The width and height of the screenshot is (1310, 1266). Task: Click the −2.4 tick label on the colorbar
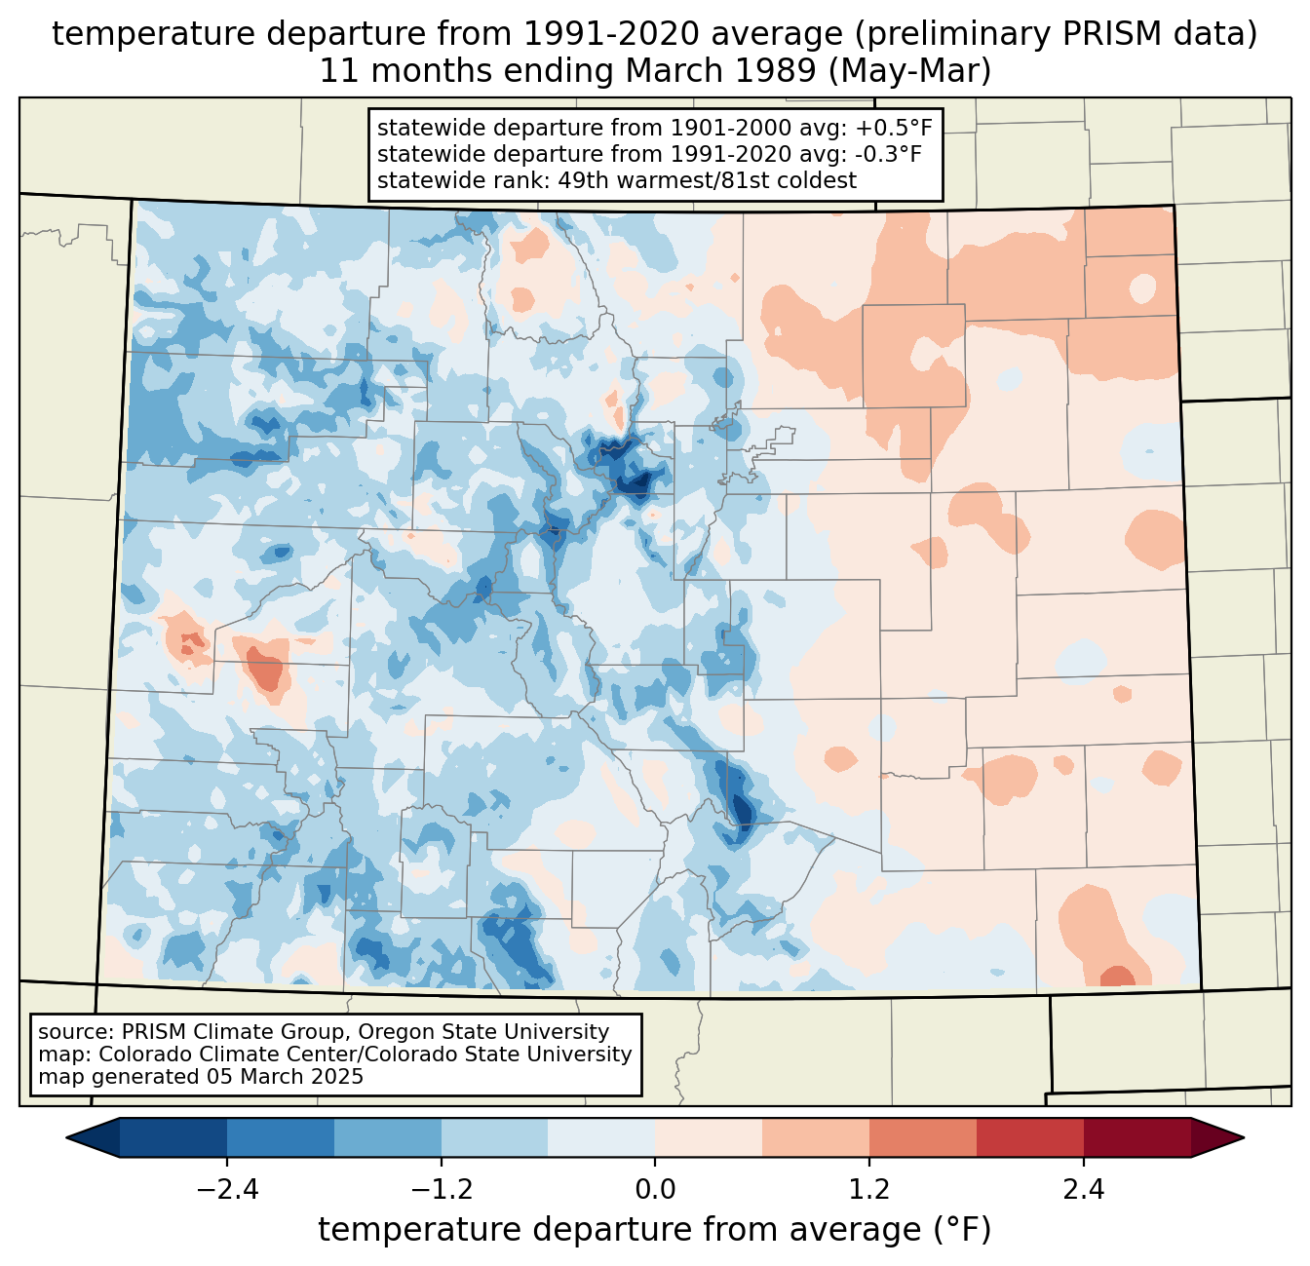pyautogui.click(x=227, y=1190)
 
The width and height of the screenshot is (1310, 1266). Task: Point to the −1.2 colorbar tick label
pyautogui.click(x=442, y=1190)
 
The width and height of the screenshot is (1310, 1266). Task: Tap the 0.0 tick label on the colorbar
pyautogui.click(x=655, y=1190)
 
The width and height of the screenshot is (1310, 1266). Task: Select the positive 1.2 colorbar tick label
pyautogui.click(x=869, y=1190)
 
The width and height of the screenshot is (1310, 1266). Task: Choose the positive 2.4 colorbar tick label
pyautogui.click(x=1084, y=1190)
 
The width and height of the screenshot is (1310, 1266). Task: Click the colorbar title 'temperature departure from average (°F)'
pyautogui.click(x=655, y=1230)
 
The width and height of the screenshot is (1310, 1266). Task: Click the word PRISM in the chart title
pyautogui.click(x=1100, y=34)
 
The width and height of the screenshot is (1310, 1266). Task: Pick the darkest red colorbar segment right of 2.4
pyautogui.click(x=1137, y=1138)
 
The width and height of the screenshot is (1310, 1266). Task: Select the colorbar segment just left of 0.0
pyautogui.click(x=601, y=1138)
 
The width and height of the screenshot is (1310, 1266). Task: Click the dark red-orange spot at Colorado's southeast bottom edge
pyautogui.click(x=1117, y=977)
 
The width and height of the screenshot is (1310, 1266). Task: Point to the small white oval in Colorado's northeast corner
pyautogui.click(x=1142, y=288)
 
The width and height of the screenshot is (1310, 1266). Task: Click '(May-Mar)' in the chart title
pyautogui.click(x=909, y=71)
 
